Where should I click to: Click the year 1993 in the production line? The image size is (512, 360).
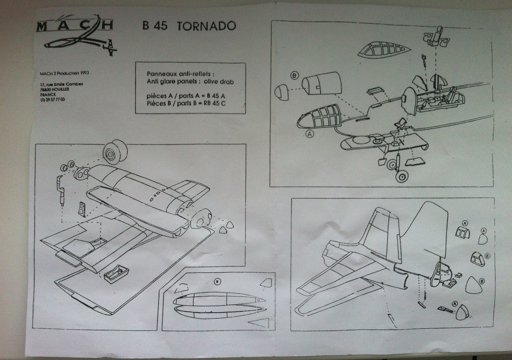point(83,73)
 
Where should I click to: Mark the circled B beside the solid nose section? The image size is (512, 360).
point(294,76)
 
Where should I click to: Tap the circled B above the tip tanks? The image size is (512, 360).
point(218,282)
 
